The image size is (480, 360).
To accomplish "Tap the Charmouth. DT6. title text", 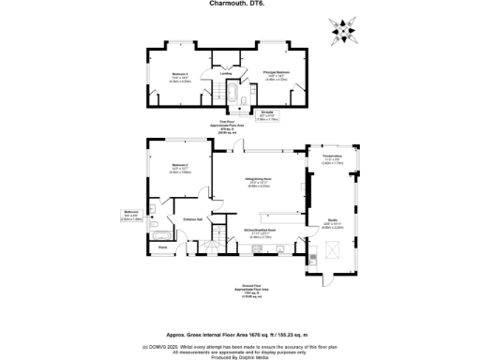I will point(239,4).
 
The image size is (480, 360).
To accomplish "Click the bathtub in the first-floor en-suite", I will point(227,97).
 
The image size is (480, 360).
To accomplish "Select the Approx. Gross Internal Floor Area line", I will point(240,333).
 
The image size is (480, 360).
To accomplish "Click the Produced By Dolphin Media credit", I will point(240,357).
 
